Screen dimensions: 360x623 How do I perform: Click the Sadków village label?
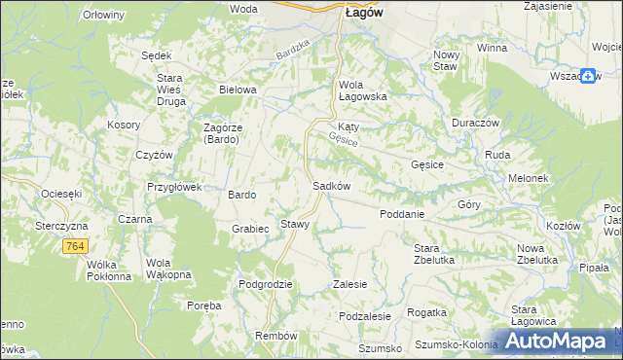tap(331, 185)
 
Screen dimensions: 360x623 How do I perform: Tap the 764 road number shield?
tap(76, 248)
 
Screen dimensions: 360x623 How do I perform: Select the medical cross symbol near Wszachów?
tap(589, 75)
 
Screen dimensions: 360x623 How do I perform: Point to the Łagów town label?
tap(364, 12)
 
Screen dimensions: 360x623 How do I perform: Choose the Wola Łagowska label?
tap(363, 90)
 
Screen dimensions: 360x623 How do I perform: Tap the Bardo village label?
tap(241, 195)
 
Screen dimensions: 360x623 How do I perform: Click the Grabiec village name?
tap(250, 230)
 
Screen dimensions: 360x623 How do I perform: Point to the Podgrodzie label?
tap(266, 284)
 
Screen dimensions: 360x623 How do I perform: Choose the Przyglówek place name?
tap(173, 187)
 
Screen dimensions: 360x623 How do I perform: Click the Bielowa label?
tap(238, 90)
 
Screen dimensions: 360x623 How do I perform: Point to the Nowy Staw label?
tap(446, 60)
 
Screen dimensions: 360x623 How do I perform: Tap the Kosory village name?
tap(125, 126)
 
